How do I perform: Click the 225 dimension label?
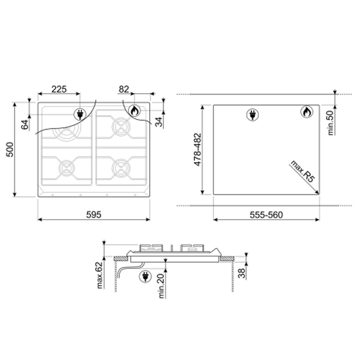[x=59, y=89]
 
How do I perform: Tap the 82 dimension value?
[x=124, y=89]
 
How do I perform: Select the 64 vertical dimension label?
[x=25, y=124]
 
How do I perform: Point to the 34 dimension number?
[x=158, y=122]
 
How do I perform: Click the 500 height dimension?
[x=10, y=150]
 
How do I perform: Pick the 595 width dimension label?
[x=94, y=214]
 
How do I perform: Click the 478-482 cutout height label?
[x=197, y=150]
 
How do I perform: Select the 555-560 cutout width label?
[x=266, y=215]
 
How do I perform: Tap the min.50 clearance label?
[x=330, y=123]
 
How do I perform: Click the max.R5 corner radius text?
[x=302, y=171]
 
